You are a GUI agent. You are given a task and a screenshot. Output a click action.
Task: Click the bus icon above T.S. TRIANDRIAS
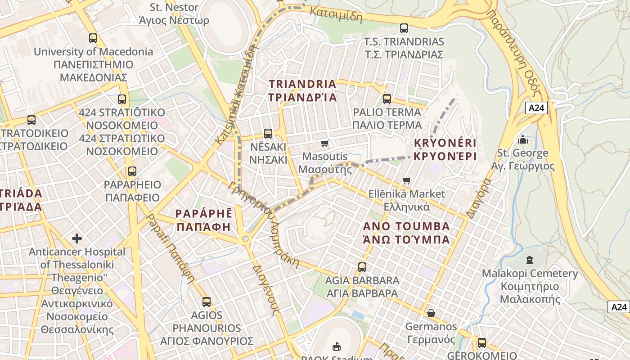[404, 28]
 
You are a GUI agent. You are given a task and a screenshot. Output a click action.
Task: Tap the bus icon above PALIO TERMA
[387, 99]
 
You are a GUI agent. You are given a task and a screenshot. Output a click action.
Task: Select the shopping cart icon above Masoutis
[324, 144]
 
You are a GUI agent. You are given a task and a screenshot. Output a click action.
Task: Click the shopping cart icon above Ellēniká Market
[406, 181]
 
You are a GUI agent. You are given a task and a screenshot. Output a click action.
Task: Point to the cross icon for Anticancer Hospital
[77, 238]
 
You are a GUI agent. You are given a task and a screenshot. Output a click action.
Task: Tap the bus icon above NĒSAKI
[268, 133]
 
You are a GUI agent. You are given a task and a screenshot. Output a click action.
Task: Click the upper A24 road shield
[536, 108]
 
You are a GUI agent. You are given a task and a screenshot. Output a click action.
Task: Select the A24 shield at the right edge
[619, 307]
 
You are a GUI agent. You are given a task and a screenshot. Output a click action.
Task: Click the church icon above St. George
[522, 139]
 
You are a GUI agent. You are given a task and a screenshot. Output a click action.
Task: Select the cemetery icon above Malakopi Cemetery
[529, 260]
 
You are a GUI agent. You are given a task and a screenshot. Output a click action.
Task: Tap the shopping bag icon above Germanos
[431, 313]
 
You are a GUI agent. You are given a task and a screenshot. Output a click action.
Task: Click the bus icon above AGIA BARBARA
[362, 267]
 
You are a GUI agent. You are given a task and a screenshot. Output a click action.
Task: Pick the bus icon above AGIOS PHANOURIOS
[207, 302]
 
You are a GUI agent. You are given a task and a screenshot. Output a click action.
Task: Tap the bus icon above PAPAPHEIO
[132, 171]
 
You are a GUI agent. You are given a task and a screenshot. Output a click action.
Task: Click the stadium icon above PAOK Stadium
[336, 346]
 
